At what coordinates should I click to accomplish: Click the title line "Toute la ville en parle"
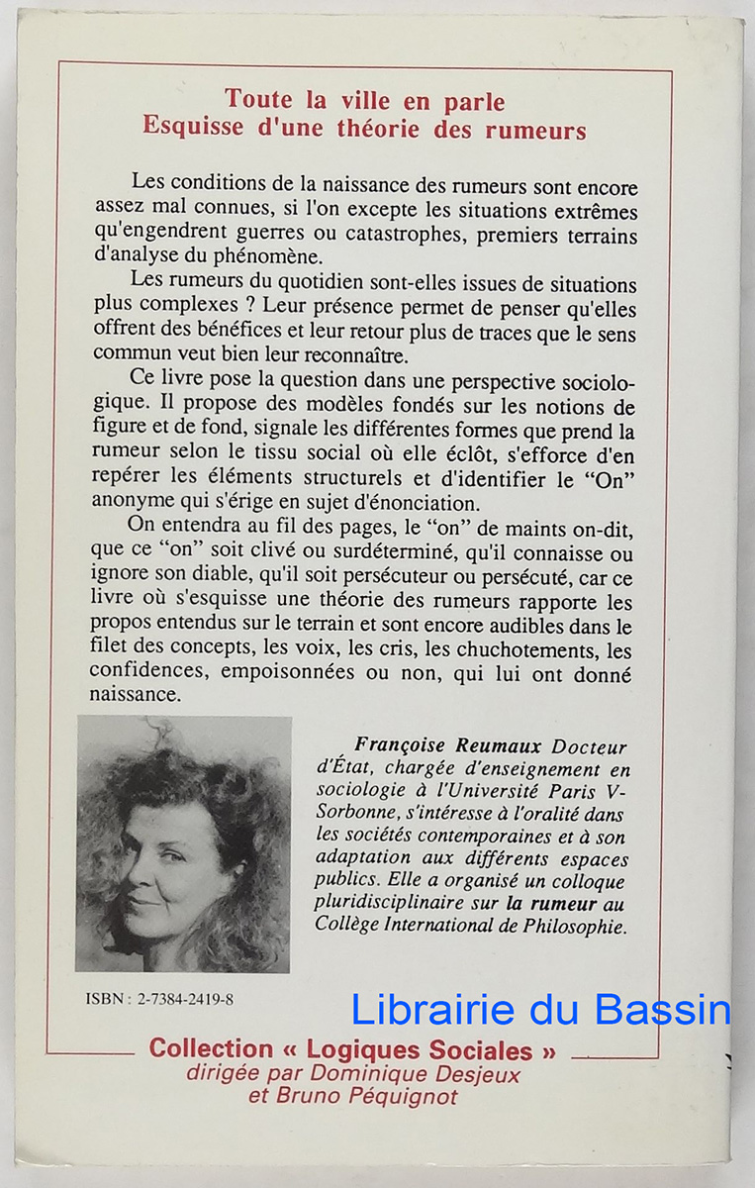point(364,100)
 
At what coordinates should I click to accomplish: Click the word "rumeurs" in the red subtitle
point(535,129)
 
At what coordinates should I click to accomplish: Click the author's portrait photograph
point(184,844)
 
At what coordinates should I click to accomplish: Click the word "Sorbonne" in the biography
point(355,813)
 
